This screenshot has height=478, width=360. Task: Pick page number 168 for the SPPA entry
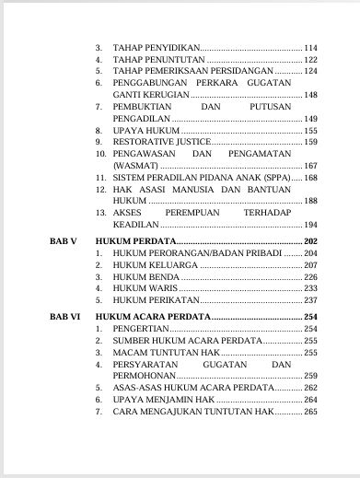coord(309,177)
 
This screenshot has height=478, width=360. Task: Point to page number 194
coord(309,226)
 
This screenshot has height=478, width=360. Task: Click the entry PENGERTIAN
coord(142,329)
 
